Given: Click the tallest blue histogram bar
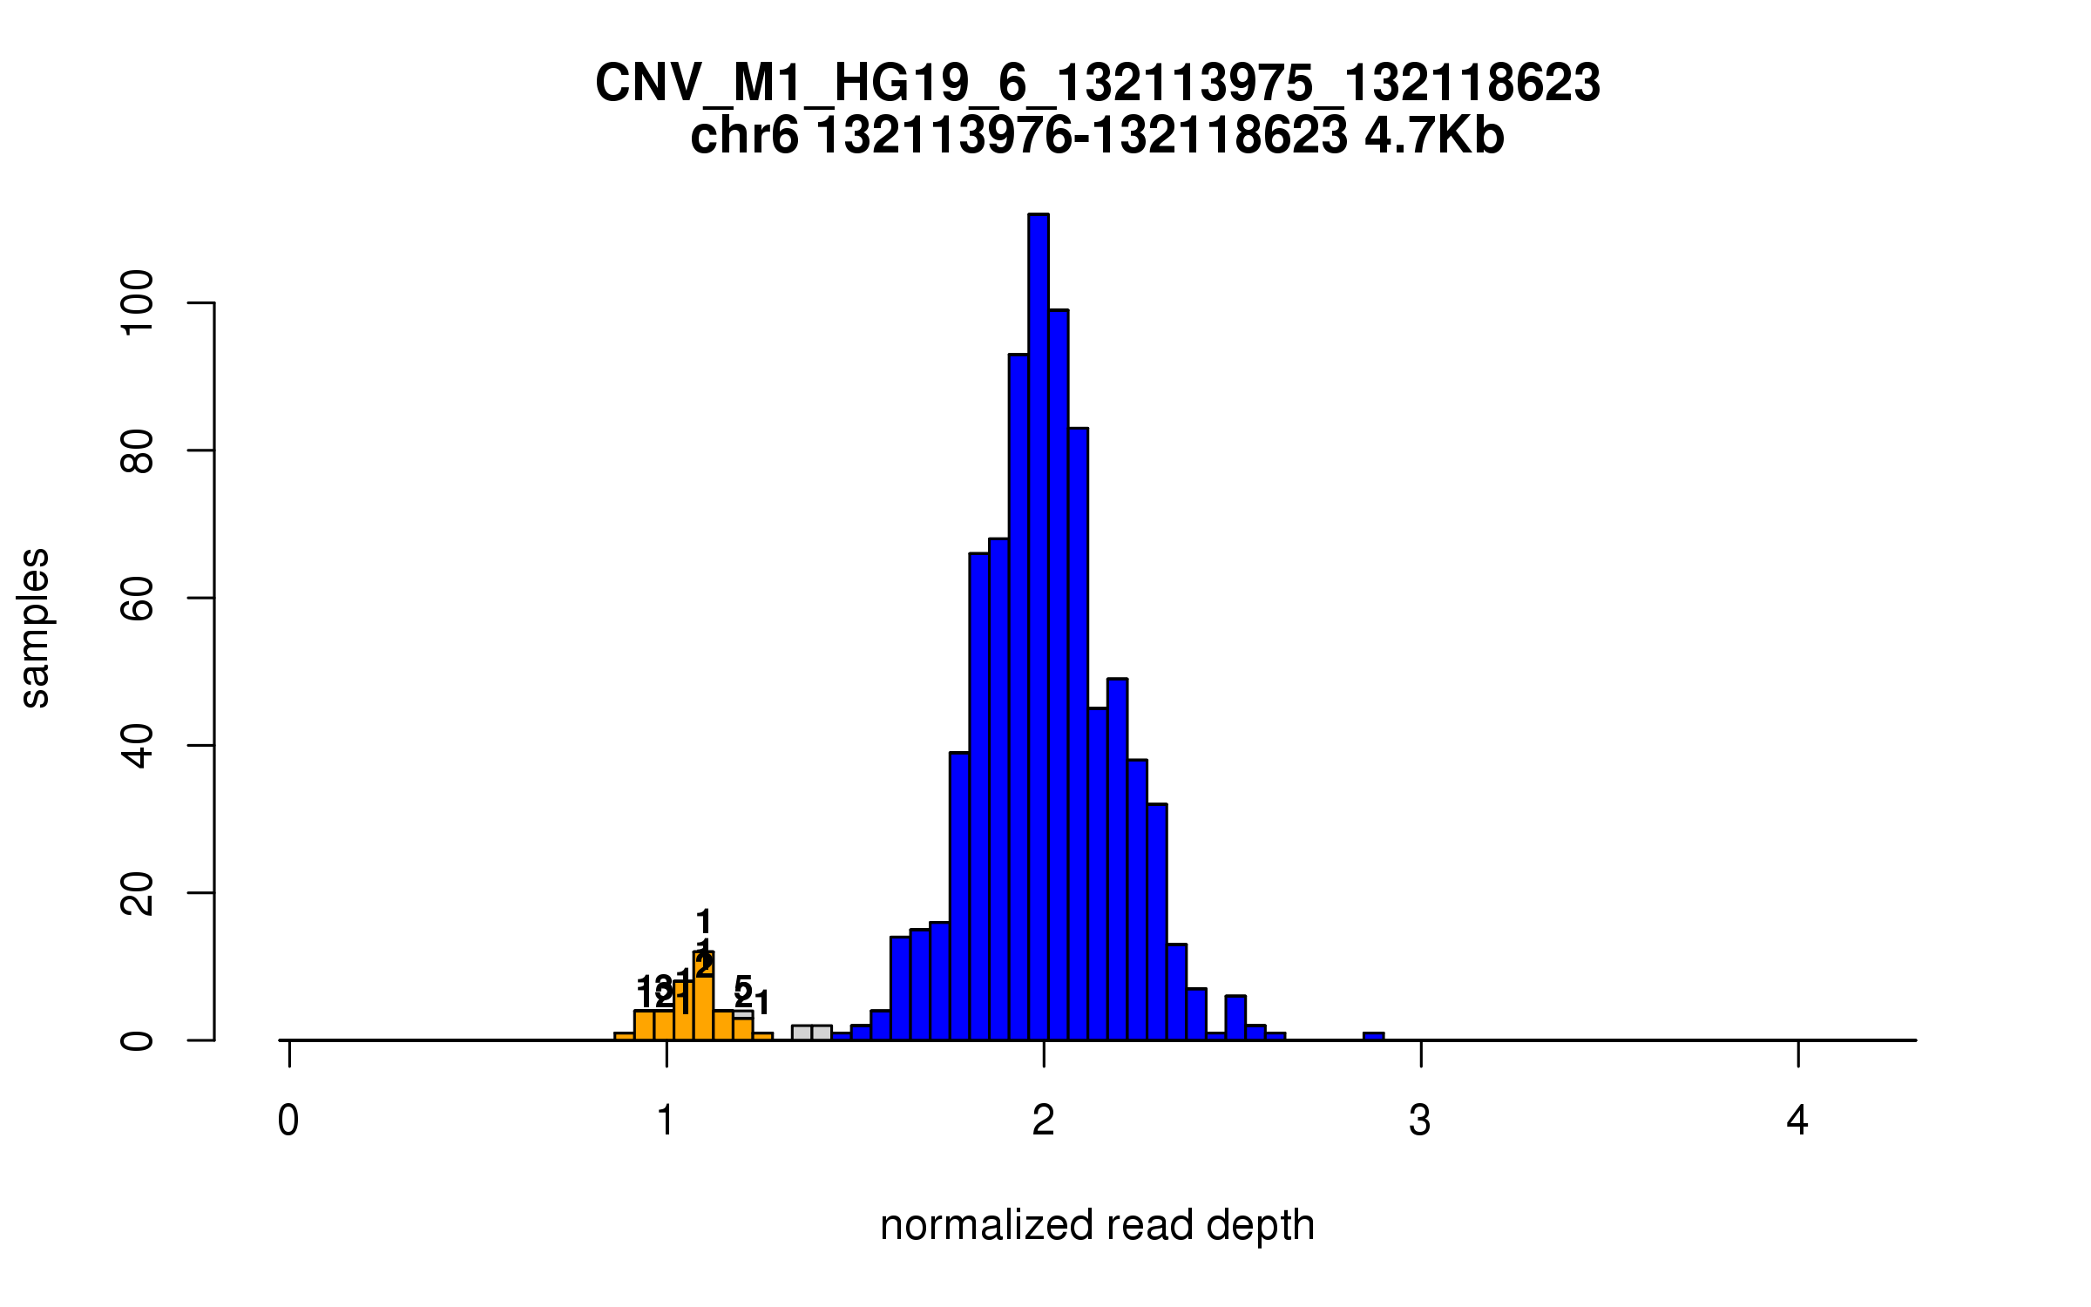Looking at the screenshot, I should pyautogui.click(x=1038, y=627).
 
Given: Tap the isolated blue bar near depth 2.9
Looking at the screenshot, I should pyautogui.click(x=1373, y=1036).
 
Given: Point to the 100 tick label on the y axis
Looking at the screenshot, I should pyautogui.click(x=138, y=302).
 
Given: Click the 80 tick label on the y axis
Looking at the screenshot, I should pyautogui.click(x=138, y=450).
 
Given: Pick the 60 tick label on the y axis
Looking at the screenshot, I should pyautogui.click(x=138, y=598).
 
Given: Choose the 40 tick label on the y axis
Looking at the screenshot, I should pyautogui.click(x=138, y=746).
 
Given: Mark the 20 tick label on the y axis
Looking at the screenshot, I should pyautogui.click(x=138, y=893).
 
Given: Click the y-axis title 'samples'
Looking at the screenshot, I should pyautogui.click(x=35, y=627).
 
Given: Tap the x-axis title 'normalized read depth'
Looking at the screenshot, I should pyautogui.click(x=1097, y=1225).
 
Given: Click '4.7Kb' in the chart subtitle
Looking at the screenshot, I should pyautogui.click(x=1434, y=137).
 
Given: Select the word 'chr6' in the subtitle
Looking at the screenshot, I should pyautogui.click(x=743, y=137).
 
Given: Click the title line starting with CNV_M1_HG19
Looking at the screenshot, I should pyautogui.click(x=1097, y=84).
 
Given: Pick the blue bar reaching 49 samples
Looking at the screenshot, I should pyautogui.click(x=1117, y=858).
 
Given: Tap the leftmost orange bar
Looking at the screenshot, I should pyautogui.click(x=624, y=1036).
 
